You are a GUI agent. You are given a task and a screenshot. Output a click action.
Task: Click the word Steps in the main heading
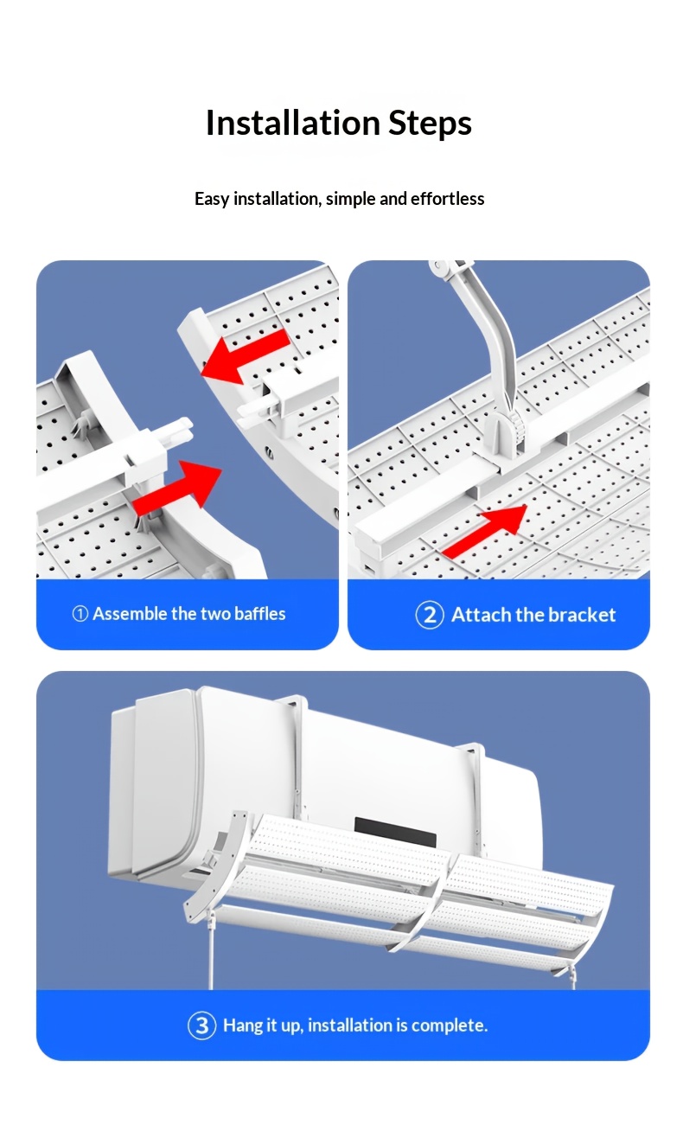430,124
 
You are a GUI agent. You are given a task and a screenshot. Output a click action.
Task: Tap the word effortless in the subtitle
447,199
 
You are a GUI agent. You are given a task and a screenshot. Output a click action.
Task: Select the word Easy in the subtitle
212,200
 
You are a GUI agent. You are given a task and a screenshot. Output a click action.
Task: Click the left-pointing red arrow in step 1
246,356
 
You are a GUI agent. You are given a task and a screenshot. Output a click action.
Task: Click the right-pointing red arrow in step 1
177,489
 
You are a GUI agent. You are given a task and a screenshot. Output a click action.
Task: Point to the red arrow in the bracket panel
485,532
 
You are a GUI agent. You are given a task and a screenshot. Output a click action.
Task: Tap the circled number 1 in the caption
80,614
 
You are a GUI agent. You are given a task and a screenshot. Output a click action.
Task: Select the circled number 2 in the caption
430,615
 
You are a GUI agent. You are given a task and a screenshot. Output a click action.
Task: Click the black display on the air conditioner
395,833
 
